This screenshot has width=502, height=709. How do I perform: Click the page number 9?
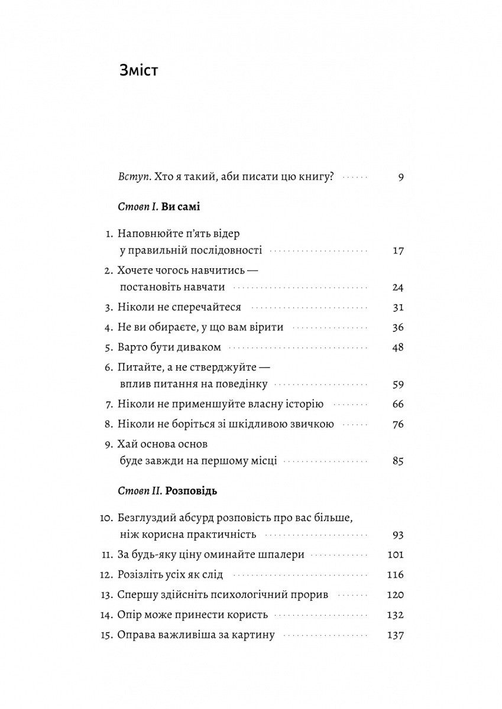pos(400,177)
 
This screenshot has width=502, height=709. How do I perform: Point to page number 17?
pos(397,250)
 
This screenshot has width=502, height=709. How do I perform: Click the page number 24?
pos(397,288)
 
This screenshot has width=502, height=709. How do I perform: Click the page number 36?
pos(397,327)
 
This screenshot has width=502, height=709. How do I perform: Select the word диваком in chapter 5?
pos(199,346)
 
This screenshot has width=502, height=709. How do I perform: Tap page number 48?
pos(397,346)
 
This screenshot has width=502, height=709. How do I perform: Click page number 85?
pos(397,461)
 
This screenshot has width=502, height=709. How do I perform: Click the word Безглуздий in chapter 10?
pos(145,518)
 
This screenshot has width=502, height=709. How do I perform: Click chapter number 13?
pos(106,594)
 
